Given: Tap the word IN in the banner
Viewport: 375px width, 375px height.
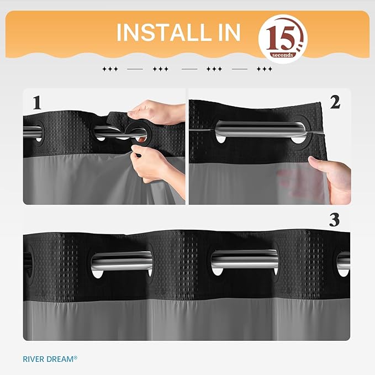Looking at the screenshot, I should click(225, 33).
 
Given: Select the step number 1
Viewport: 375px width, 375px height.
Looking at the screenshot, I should click(37, 103).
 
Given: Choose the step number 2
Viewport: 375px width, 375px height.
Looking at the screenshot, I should click(335, 102).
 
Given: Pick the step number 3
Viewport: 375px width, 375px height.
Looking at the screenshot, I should click(334, 219).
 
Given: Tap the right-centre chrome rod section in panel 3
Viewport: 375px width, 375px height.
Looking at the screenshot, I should click(244, 258).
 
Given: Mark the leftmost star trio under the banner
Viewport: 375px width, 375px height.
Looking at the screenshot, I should click(110, 69).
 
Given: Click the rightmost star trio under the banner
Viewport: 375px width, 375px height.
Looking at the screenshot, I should click(265, 69).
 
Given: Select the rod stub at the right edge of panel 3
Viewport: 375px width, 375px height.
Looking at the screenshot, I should click(344, 260).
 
